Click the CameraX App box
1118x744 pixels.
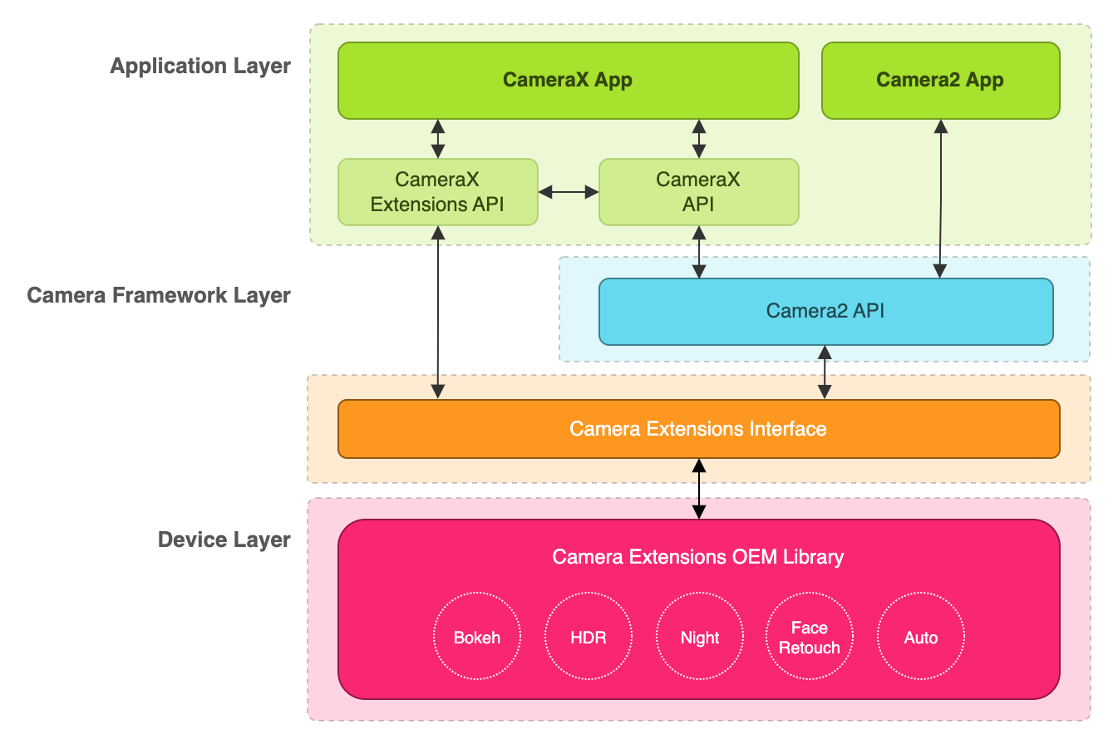coord(568,81)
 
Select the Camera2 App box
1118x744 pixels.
coord(940,81)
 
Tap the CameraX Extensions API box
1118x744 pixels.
coord(437,192)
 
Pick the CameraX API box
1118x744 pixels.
coord(698,192)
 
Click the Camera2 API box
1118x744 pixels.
coord(825,311)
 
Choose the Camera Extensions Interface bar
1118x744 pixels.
coord(698,429)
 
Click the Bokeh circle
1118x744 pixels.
coord(477,638)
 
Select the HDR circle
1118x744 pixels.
coord(588,638)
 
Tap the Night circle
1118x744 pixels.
coord(699,638)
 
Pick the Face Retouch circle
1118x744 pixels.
coord(810,638)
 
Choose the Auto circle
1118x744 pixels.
coord(921,638)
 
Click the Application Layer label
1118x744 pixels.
coord(200,66)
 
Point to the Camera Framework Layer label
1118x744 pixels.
coord(159,295)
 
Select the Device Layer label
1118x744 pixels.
coord(224,540)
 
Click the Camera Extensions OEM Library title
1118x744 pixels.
coord(698,557)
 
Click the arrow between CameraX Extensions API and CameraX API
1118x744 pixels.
coord(569,192)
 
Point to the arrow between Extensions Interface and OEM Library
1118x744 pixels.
coord(698,489)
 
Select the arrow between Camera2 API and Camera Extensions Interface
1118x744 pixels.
coord(824,372)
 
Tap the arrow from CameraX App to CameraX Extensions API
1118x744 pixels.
coord(437,139)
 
